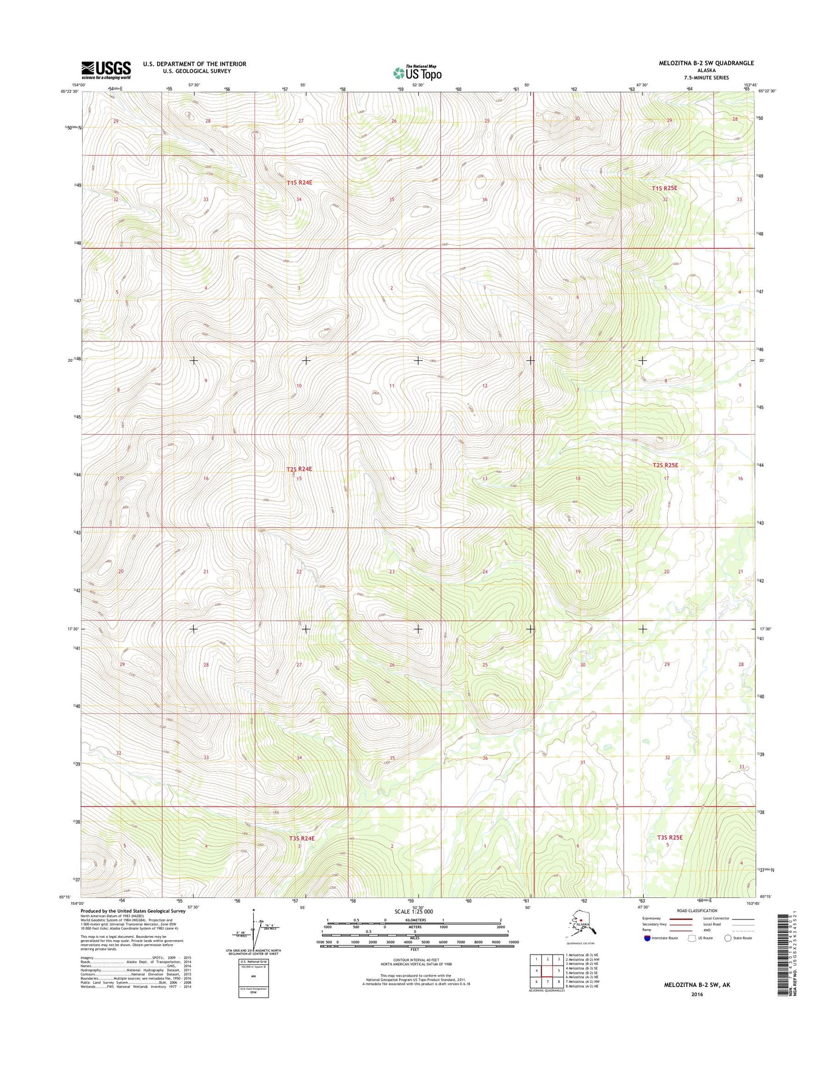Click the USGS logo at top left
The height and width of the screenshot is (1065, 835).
106,70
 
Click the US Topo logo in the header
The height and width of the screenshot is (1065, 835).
417,73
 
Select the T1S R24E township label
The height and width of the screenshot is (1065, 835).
299,183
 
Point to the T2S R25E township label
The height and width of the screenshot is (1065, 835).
665,465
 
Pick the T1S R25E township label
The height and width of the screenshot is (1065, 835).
664,188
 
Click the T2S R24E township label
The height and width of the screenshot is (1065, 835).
299,469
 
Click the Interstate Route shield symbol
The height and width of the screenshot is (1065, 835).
647,938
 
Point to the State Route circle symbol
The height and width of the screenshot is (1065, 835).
728,938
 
